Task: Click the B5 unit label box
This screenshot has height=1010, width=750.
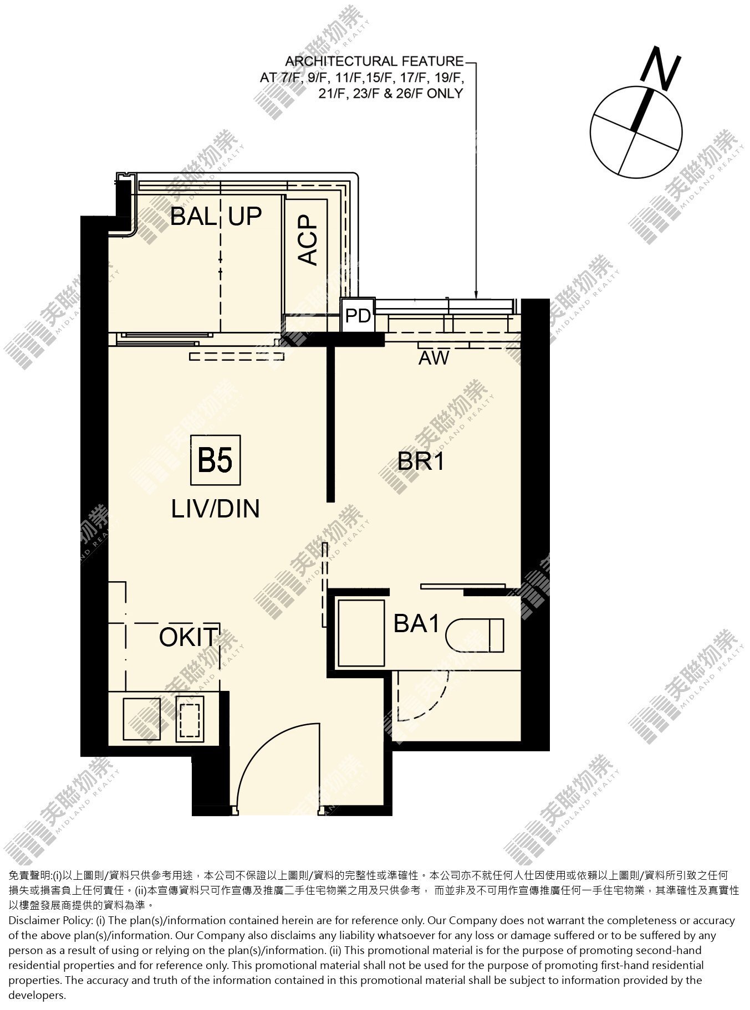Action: (215, 460)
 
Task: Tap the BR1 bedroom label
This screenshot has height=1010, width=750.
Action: (421, 461)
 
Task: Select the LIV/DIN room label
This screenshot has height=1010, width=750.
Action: (216, 509)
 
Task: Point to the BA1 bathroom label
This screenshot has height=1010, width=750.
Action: (416, 624)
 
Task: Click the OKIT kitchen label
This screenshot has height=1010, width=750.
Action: (187, 637)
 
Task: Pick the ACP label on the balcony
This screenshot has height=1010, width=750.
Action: (308, 239)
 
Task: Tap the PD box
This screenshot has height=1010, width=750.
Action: (358, 315)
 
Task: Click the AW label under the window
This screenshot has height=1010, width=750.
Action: (433, 358)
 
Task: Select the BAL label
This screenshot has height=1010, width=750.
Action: (193, 216)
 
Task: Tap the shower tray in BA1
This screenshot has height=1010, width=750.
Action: (361, 633)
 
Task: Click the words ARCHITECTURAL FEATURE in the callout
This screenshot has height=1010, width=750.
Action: (374, 61)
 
